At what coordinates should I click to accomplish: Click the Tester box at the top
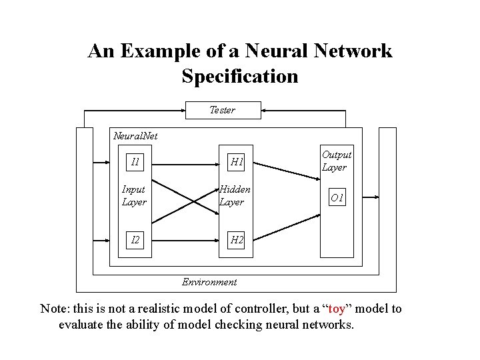(x=222, y=110)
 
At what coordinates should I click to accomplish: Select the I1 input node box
(x=135, y=161)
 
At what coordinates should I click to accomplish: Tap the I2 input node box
(x=135, y=239)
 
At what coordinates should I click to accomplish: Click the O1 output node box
(x=337, y=199)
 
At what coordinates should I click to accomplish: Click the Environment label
(x=209, y=282)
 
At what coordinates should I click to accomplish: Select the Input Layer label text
(x=134, y=196)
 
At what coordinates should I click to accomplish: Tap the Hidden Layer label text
(x=235, y=196)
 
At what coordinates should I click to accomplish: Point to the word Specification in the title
(x=240, y=76)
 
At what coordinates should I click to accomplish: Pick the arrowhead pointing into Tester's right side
(x=262, y=110)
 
